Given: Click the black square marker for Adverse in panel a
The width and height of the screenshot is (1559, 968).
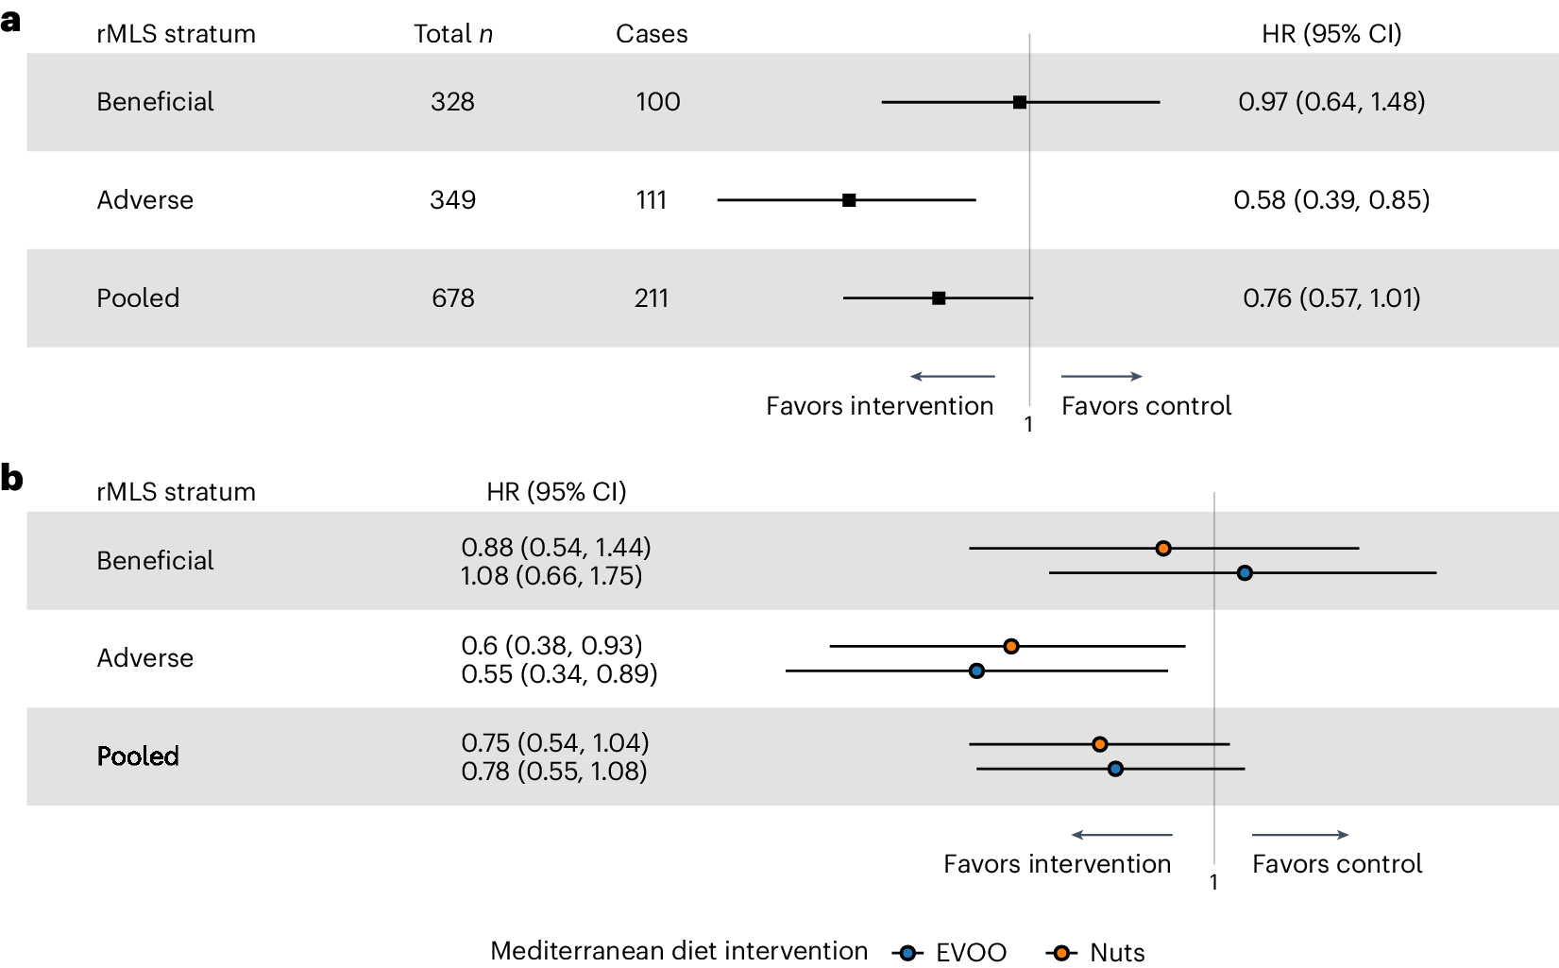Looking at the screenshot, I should [849, 200].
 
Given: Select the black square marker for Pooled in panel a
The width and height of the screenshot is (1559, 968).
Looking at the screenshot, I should [939, 298].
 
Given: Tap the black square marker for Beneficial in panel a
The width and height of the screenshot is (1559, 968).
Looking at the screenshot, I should [1020, 102].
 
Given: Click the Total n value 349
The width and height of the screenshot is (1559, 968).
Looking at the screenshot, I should [452, 200].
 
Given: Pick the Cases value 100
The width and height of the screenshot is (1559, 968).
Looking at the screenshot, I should [657, 102].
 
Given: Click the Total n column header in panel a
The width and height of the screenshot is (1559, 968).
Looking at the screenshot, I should [453, 34].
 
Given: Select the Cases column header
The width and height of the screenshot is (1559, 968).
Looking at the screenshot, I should [652, 34].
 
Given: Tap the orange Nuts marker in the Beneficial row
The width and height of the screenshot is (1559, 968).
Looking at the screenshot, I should [1163, 549].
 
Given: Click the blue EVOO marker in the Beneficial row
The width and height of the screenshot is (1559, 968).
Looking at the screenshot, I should [1245, 573].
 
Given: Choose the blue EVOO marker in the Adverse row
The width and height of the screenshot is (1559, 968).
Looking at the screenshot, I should [976, 671].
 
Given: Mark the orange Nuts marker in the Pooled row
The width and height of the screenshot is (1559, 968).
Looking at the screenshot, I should [1099, 745].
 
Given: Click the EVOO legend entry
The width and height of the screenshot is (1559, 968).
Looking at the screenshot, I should [949, 953].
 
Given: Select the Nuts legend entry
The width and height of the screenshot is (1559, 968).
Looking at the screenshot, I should [1095, 953].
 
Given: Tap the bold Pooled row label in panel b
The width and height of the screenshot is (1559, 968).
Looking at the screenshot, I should [138, 756].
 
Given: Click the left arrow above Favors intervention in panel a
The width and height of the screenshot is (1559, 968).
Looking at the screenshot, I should [952, 377].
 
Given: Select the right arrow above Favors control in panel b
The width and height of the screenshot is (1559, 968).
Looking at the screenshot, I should [1300, 835].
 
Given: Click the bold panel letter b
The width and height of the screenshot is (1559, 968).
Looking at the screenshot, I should [11, 479].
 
